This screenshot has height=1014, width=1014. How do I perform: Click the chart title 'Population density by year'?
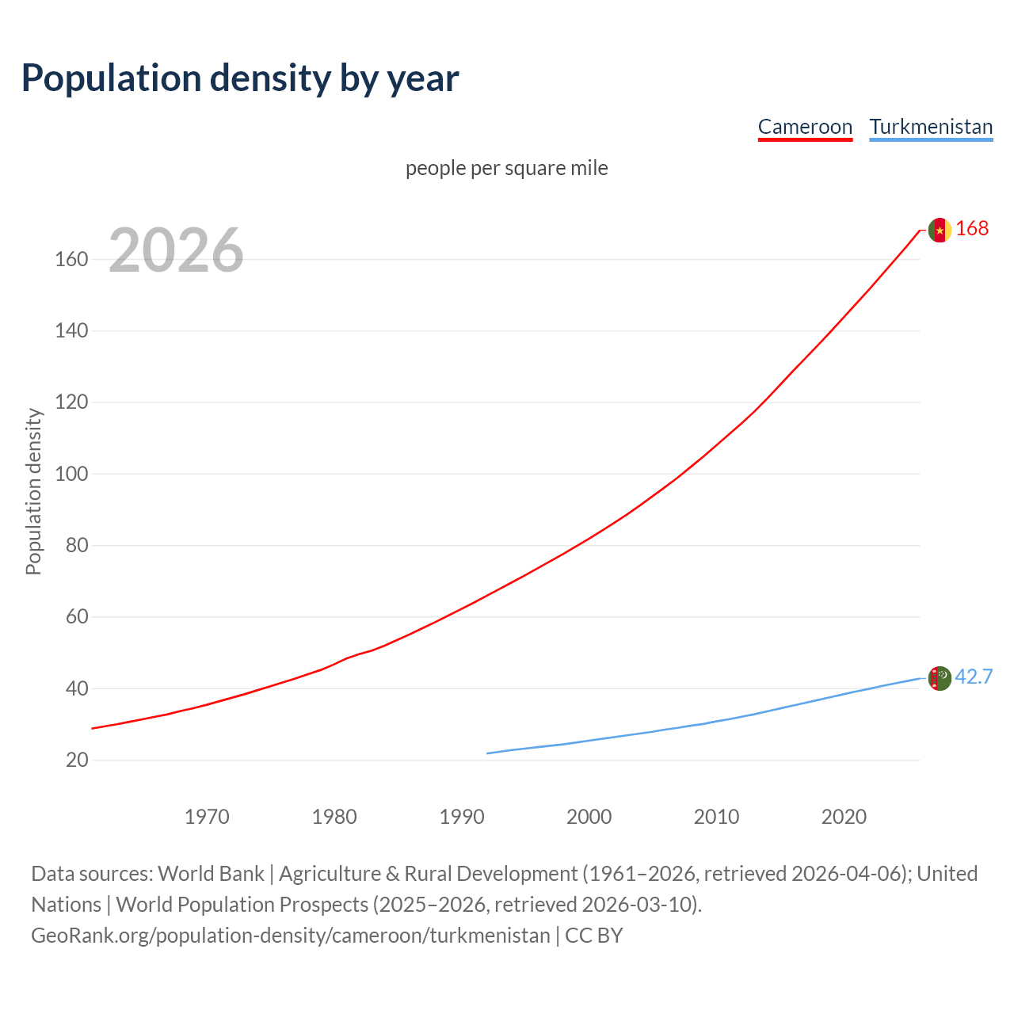point(240,78)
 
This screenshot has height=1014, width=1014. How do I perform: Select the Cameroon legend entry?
point(805,127)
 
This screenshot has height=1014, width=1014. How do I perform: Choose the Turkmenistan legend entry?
point(931,127)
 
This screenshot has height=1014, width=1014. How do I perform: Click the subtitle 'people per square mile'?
point(507,168)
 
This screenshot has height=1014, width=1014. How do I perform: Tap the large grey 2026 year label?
point(176,250)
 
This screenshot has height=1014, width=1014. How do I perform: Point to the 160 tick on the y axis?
point(71,259)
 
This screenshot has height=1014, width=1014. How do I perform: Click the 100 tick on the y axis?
point(71,474)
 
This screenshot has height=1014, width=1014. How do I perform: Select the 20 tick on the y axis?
point(77,760)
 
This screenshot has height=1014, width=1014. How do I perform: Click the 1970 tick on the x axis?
point(207,817)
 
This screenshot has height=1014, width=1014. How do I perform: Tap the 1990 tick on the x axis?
point(462,817)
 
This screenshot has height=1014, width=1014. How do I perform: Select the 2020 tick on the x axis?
point(844,817)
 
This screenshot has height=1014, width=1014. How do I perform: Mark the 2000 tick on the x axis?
point(589,817)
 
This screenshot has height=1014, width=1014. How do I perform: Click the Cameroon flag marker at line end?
point(940,230)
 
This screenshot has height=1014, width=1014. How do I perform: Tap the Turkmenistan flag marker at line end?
point(940,678)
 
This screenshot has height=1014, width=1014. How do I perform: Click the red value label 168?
point(972,228)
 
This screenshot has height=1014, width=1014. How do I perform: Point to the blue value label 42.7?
point(974,677)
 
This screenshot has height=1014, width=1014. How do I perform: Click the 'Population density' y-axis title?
point(33,491)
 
